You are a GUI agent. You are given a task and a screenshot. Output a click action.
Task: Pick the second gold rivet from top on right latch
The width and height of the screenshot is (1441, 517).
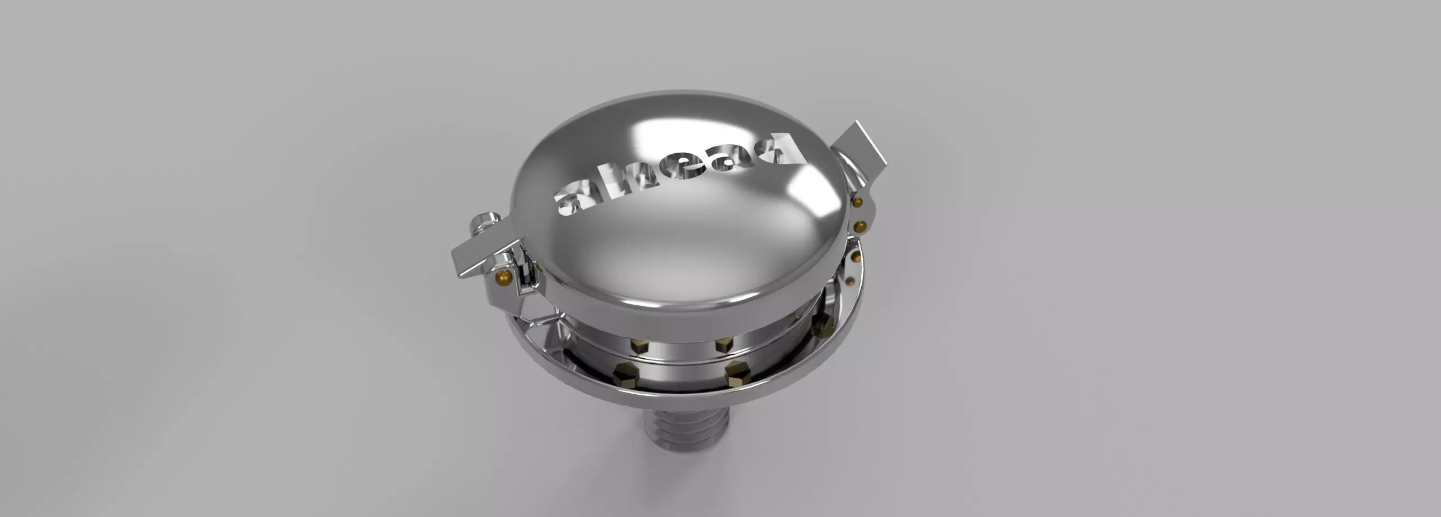(859, 226)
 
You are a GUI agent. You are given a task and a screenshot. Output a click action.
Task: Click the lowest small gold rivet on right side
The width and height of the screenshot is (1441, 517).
(851, 280)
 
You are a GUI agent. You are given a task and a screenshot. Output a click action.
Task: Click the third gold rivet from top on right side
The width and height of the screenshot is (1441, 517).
(855, 258)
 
